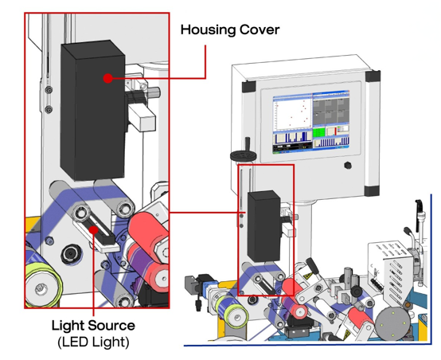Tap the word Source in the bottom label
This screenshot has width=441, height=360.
coord(112,326)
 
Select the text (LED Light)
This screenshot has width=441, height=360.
coord(93,342)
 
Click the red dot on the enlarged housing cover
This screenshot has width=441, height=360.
coord(107,78)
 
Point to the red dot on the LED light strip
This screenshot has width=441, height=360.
coord(93,230)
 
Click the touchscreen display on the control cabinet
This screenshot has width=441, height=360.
coord(311,122)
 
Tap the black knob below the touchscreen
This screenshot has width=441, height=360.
coord(348,165)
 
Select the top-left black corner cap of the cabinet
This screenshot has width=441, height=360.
coord(248,86)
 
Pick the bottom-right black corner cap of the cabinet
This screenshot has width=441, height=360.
coord(372,190)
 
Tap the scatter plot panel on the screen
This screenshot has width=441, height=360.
coord(293,113)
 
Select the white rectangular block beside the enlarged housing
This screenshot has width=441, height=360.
coord(142,117)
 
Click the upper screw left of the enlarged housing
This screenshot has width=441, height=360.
coord(49,90)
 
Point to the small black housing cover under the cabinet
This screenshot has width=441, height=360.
coord(264,226)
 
